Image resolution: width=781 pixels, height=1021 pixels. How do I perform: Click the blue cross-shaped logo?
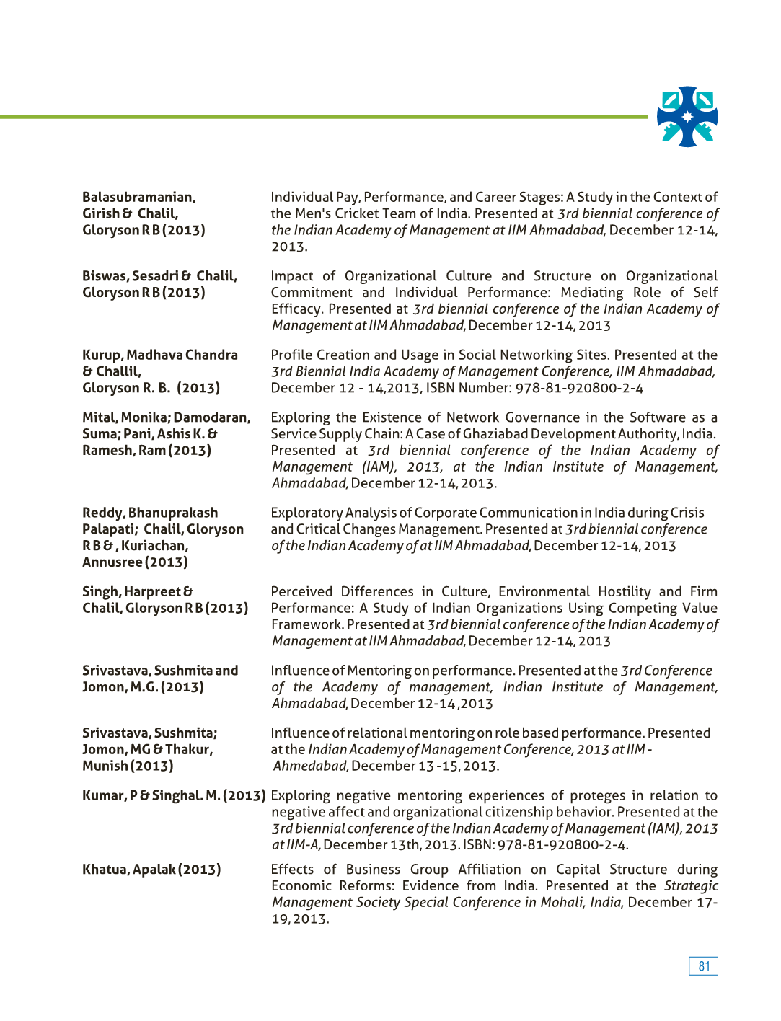tap(687, 117)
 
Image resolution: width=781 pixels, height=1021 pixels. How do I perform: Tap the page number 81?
tap(703, 966)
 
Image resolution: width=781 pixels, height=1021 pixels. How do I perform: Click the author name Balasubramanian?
tap(138, 198)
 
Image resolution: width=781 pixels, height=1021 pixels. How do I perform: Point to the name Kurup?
tap(102, 355)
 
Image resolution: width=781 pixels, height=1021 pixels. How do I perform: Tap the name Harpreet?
tap(152, 592)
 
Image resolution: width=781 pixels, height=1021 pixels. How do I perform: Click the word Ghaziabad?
tap(499, 434)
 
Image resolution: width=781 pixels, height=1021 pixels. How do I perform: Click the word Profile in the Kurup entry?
tap(292, 355)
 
